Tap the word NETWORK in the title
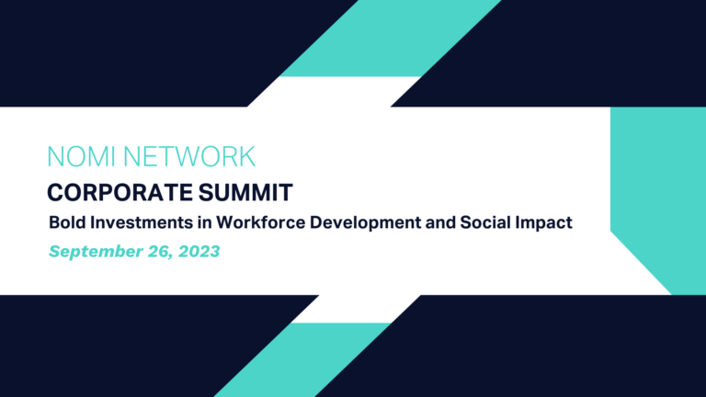189,156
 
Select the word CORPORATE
120,193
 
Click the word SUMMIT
245,193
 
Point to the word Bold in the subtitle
67,222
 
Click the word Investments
142,222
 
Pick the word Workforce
261,222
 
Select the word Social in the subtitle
485,222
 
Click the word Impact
544,223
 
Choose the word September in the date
96,252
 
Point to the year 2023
199,251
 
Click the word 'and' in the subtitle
440,222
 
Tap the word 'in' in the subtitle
205,222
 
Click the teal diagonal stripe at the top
390,39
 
